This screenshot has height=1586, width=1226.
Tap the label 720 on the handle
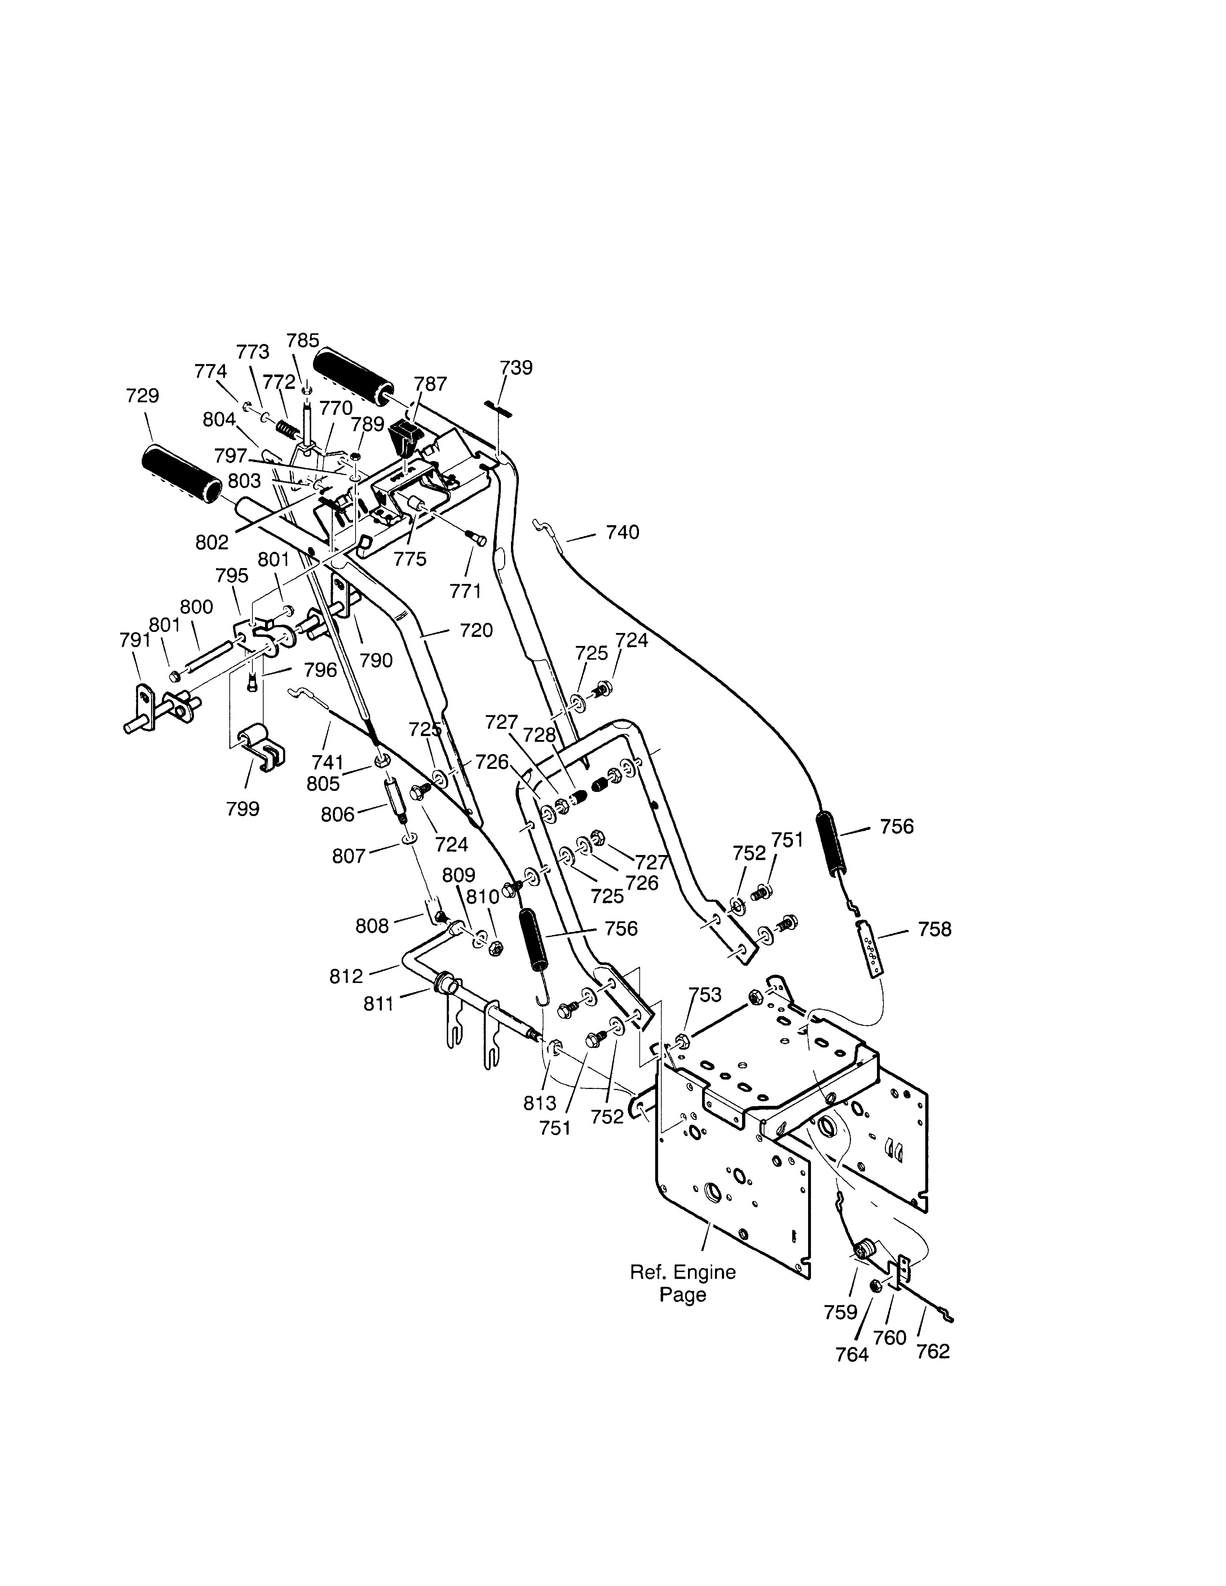476,630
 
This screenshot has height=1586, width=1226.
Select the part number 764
852,1354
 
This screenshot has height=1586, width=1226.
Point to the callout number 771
466,591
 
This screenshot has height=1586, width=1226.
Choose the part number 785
303,341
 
